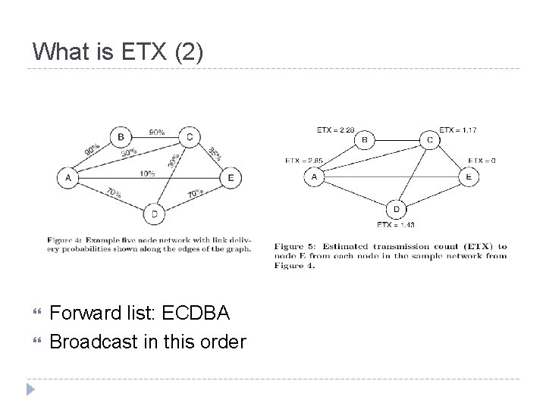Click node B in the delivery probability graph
121,137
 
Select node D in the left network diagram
155,214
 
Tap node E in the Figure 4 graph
230,178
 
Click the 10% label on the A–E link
147,173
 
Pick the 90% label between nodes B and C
157,132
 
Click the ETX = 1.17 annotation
458,130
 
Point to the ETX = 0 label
482,161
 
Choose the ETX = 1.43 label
395,224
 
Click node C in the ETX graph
430,139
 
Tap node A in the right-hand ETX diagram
313,177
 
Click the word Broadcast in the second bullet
92,342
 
